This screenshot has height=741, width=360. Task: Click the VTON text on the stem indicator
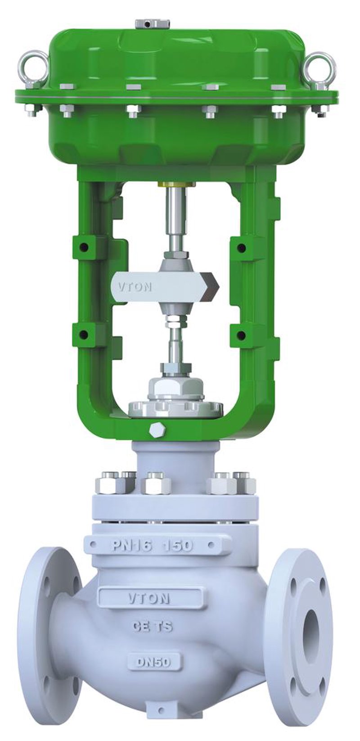pyautogui.click(x=135, y=286)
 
